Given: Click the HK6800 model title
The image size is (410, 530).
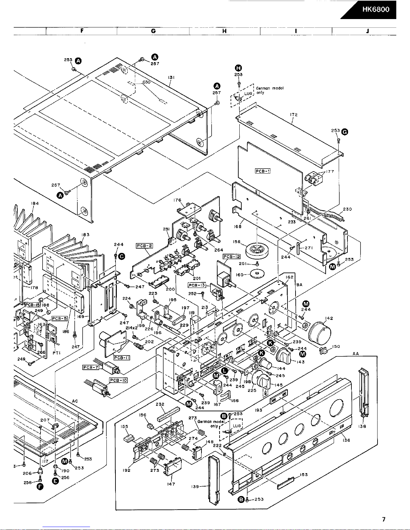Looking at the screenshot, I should click(376, 10).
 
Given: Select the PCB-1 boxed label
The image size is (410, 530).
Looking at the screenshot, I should click(262, 171).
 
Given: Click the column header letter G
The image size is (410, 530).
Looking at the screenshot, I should click(153, 31).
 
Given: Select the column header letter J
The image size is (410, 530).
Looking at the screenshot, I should click(367, 31).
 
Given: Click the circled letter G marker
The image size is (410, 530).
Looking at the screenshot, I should click(344, 131).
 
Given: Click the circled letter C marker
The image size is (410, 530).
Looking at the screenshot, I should click(122, 256).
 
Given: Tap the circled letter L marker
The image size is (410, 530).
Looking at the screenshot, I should click(225, 370).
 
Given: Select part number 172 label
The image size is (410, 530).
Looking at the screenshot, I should click(294, 115).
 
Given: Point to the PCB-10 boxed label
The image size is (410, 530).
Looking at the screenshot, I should click(118, 380).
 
